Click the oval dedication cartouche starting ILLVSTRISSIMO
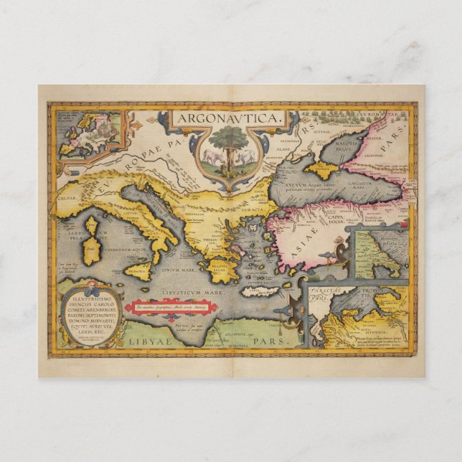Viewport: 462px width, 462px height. pos(89,316)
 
